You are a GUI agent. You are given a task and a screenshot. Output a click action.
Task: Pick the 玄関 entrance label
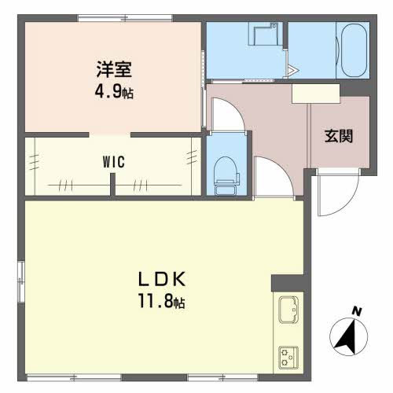[339, 135]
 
